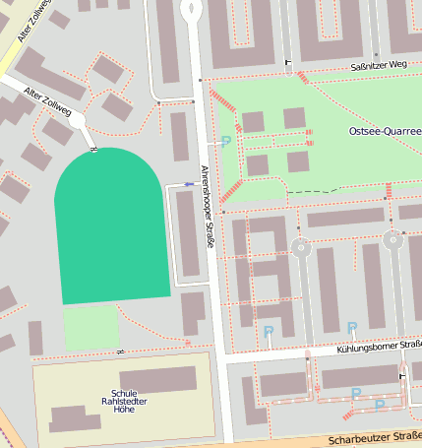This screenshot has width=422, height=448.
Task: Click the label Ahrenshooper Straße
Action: tap(207, 206)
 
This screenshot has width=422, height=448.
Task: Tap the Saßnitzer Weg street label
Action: tap(378, 66)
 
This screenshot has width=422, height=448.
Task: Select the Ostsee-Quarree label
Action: tap(385, 131)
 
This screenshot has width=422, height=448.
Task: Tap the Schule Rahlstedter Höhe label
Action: tap(124, 401)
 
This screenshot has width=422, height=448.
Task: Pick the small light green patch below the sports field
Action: tap(90, 327)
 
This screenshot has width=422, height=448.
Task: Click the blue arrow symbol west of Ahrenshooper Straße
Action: tap(190, 183)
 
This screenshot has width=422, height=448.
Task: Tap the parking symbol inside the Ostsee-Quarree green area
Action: tap(226, 142)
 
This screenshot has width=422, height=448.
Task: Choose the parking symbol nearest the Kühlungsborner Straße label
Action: tap(351, 328)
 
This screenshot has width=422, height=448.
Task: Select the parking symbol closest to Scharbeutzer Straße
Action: tap(380, 404)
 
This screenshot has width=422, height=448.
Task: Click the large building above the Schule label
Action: tap(157, 379)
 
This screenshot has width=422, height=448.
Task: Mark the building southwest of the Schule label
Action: tap(75, 418)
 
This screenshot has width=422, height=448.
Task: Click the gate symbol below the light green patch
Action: tap(120, 352)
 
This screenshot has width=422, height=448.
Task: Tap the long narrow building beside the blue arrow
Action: tap(187, 234)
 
